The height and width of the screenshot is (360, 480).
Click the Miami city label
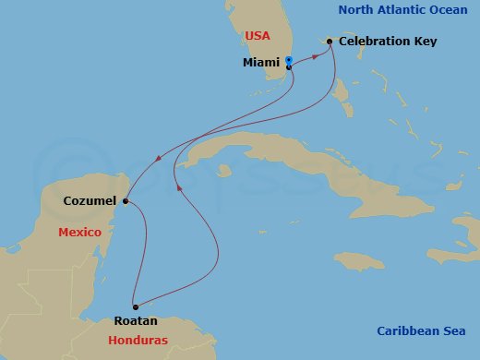(x=260, y=63)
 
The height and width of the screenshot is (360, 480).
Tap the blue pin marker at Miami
(x=289, y=63)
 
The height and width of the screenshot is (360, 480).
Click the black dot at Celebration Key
(x=330, y=41)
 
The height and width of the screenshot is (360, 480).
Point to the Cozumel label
(x=90, y=200)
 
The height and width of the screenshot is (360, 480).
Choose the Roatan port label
(x=135, y=321)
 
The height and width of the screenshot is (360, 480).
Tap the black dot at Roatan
(x=135, y=306)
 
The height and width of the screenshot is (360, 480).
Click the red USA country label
(x=258, y=36)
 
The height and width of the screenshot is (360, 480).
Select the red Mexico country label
(x=79, y=233)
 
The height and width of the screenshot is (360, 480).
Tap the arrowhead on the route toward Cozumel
(x=159, y=159)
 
